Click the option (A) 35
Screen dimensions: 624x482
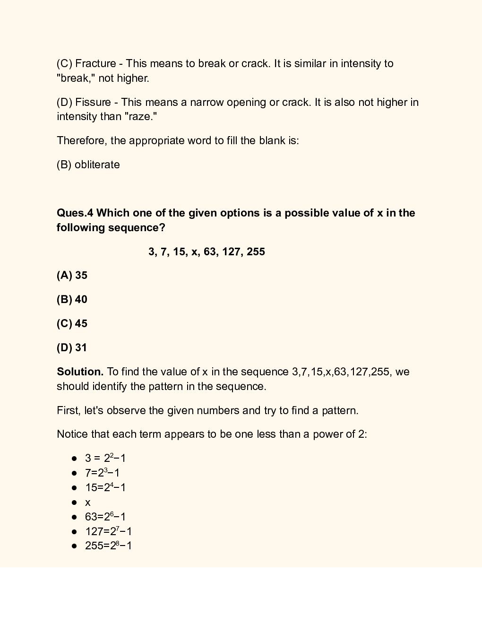click(x=72, y=275)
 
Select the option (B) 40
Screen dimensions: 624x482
click(x=72, y=299)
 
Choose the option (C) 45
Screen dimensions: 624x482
click(x=72, y=323)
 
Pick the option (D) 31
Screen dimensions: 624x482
click(x=72, y=347)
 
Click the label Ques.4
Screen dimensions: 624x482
click(x=75, y=213)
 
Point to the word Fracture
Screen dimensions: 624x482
click(x=95, y=63)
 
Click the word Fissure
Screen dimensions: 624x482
click(x=93, y=102)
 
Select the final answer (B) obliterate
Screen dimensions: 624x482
click(x=88, y=165)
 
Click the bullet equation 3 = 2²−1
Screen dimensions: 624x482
click(x=105, y=458)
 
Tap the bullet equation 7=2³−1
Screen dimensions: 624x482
click(x=102, y=473)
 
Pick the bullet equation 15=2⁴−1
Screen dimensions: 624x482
click(x=105, y=487)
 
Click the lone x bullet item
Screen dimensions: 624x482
click(x=87, y=503)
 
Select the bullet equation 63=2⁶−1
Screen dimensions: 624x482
click(x=105, y=517)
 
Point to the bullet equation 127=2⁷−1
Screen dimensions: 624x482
click(x=108, y=531)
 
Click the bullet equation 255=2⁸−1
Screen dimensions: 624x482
click(x=108, y=546)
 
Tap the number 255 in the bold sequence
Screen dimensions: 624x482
click(x=256, y=251)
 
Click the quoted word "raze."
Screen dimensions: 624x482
click(x=141, y=116)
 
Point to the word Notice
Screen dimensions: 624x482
click(x=71, y=434)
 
